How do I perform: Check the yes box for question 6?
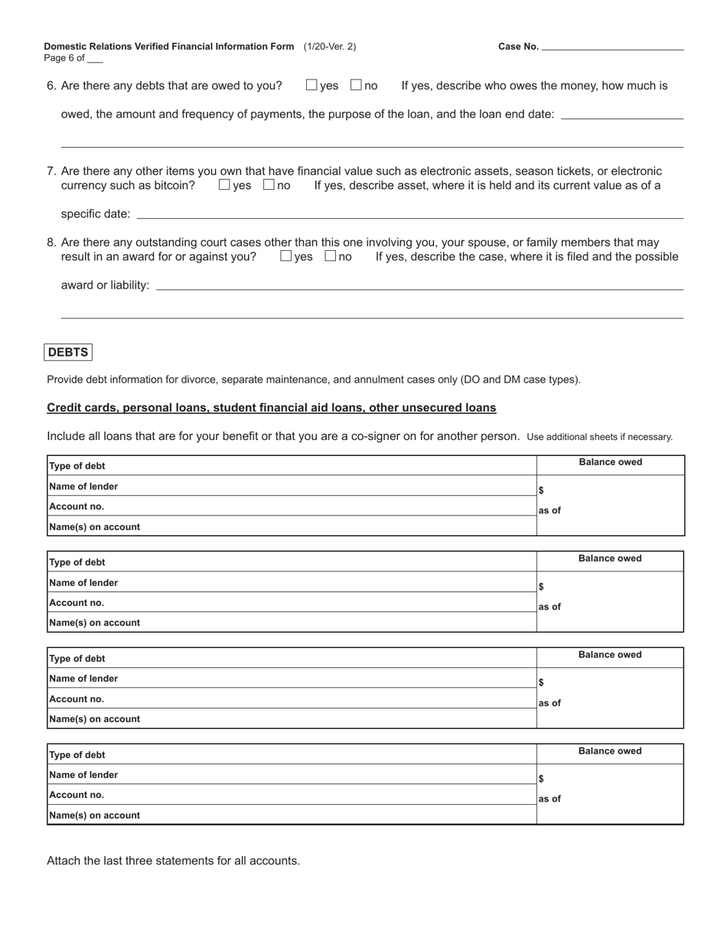pyautogui.click(x=311, y=85)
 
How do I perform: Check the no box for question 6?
pyautogui.click(x=356, y=85)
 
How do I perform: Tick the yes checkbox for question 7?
pyautogui.click(x=224, y=184)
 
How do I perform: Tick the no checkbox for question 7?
pyautogui.click(x=269, y=184)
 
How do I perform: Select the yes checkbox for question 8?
pyautogui.click(x=286, y=256)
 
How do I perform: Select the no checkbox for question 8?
pyautogui.click(x=331, y=256)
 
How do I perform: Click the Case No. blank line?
pyautogui.click(x=612, y=47)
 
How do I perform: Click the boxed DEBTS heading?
pyautogui.click(x=68, y=353)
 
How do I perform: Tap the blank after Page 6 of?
pyautogui.click(x=95, y=59)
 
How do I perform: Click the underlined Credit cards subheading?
pyautogui.click(x=272, y=408)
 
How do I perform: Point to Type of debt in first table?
pyautogui.click(x=77, y=466)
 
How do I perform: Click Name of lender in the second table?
pyautogui.click(x=83, y=582)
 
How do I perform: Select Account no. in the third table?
pyautogui.click(x=77, y=698)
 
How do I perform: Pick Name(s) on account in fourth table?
pyautogui.click(x=94, y=815)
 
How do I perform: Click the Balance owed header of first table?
pyautogui.click(x=610, y=462)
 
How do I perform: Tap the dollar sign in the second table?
pyautogui.click(x=541, y=587)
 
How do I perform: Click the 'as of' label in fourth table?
pyautogui.click(x=549, y=799)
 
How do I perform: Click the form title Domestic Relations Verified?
pyautogui.click(x=169, y=47)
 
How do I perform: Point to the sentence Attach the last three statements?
pyautogui.click(x=173, y=861)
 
